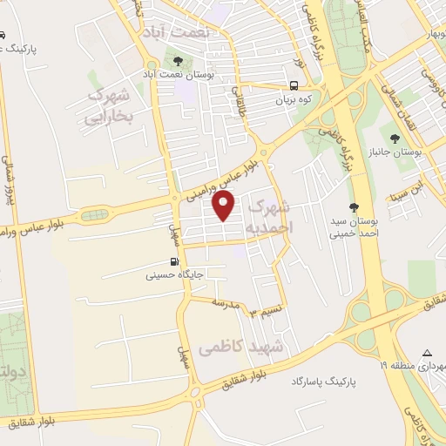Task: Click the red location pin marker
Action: (225, 206)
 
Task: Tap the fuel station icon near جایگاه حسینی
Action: (174, 261)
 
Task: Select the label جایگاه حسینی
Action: (175, 274)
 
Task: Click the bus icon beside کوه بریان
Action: (295, 86)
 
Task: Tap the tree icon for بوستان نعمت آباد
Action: (178, 62)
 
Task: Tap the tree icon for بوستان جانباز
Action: (396, 138)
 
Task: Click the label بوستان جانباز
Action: (418, 152)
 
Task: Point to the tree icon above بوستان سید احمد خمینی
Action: (353, 207)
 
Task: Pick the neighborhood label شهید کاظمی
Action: (242, 348)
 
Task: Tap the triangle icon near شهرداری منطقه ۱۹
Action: (426, 353)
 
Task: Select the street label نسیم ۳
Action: (264, 312)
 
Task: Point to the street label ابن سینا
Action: (406, 188)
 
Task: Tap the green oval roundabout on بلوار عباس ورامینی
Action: (91, 214)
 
